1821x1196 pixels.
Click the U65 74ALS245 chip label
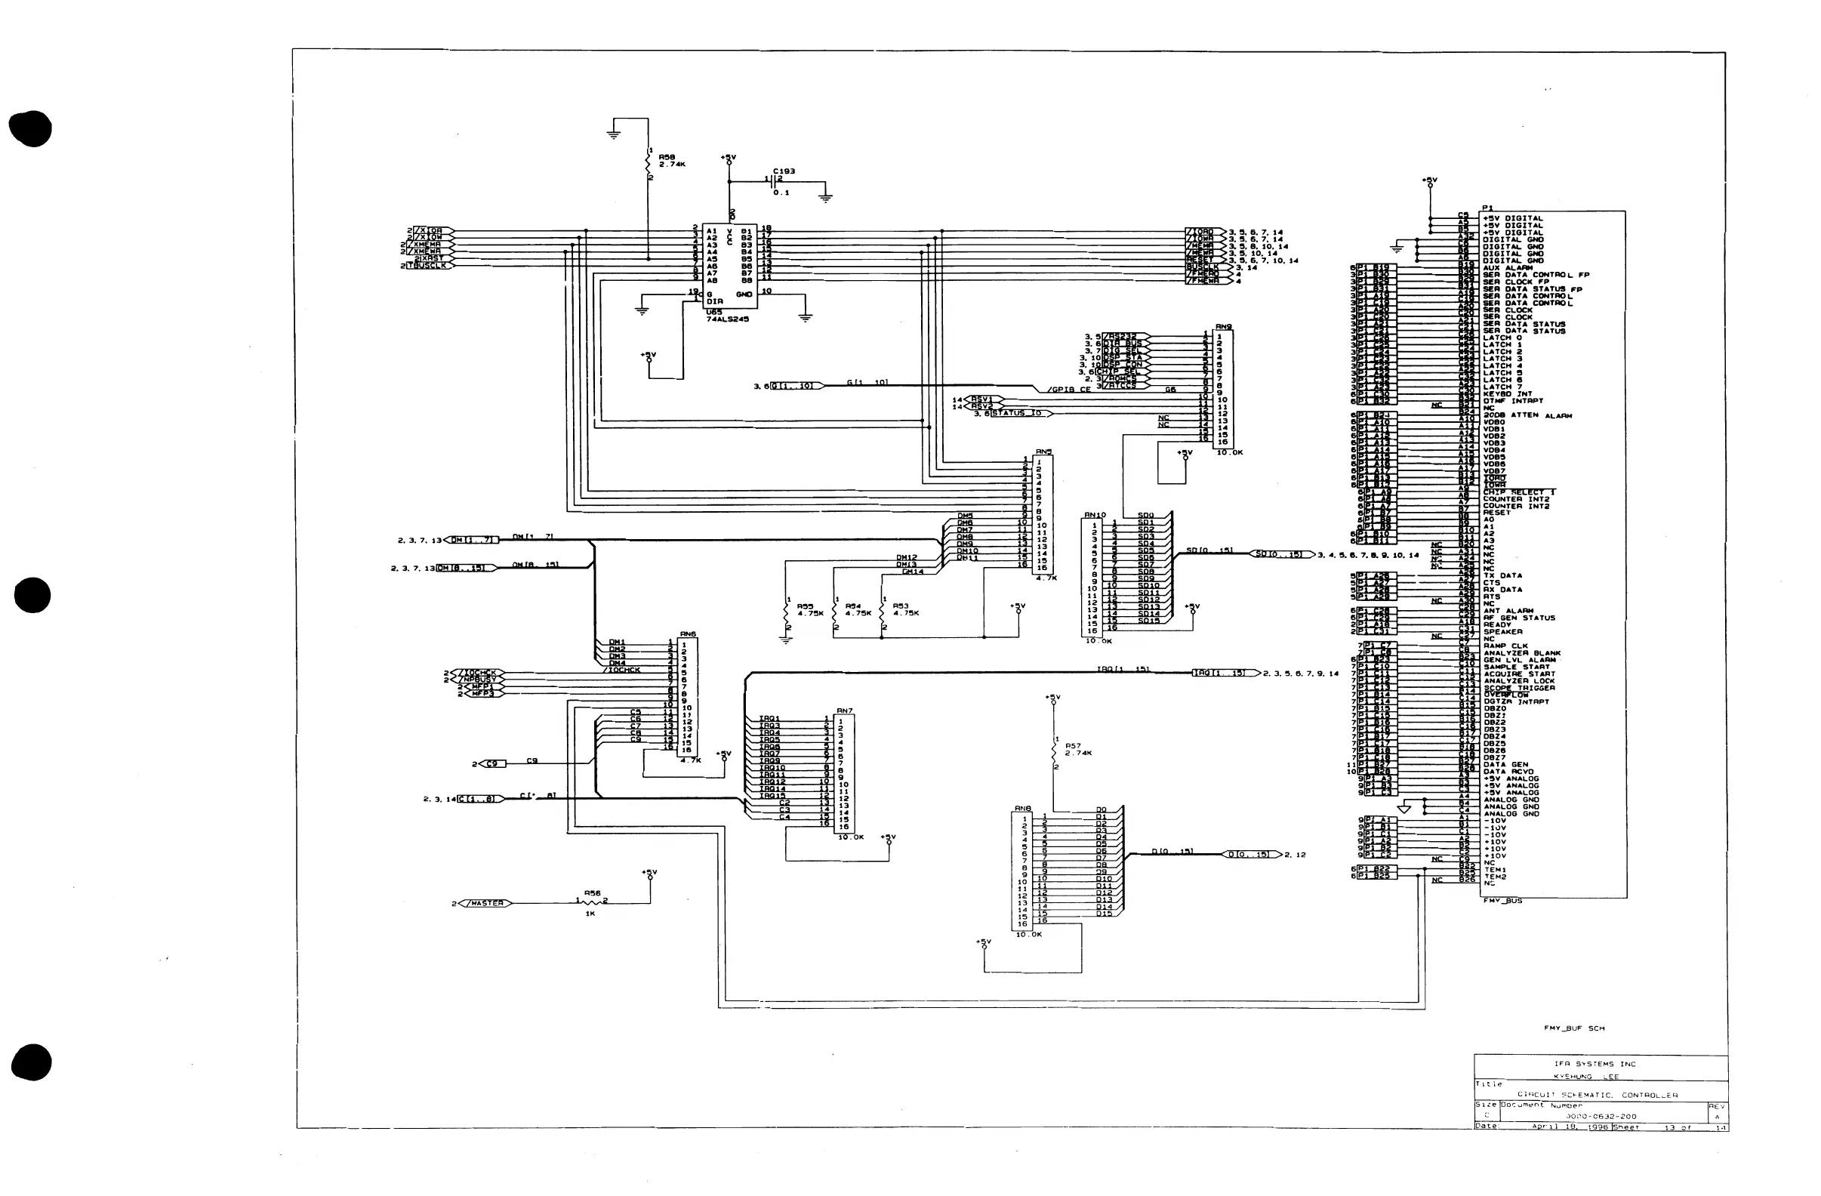(x=727, y=316)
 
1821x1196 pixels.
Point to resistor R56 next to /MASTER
(x=590, y=902)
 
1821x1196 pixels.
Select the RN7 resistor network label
(x=844, y=711)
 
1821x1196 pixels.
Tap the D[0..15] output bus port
(x=1252, y=855)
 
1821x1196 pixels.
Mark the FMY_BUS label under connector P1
(x=1502, y=901)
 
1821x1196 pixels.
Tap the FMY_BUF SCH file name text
(x=1574, y=1028)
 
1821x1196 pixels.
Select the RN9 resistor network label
(x=1223, y=327)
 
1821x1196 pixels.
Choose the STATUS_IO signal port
(x=1019, y=413)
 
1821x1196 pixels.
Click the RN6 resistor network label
(x=688, y=634)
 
